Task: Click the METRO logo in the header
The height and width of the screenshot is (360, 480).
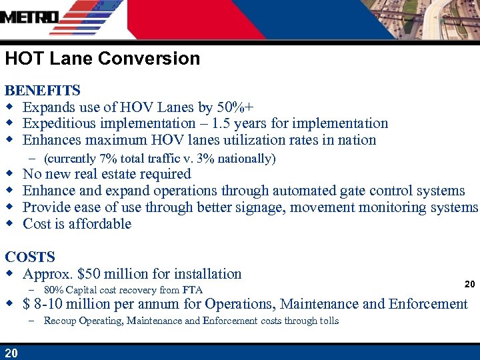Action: [30, 17]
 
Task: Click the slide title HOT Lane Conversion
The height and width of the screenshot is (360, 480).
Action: [102, 59]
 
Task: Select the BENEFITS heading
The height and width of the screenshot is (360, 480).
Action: [43, 90]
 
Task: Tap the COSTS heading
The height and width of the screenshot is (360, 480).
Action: [30, 257]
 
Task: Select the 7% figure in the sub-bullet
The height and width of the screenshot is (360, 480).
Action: [104, 159]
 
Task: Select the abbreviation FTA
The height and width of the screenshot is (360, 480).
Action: [192, 290]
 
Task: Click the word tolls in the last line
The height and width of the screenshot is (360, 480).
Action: [327, 321]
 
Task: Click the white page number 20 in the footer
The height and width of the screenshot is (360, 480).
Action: [11, 353]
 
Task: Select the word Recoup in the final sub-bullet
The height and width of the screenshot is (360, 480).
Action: [59, 321]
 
